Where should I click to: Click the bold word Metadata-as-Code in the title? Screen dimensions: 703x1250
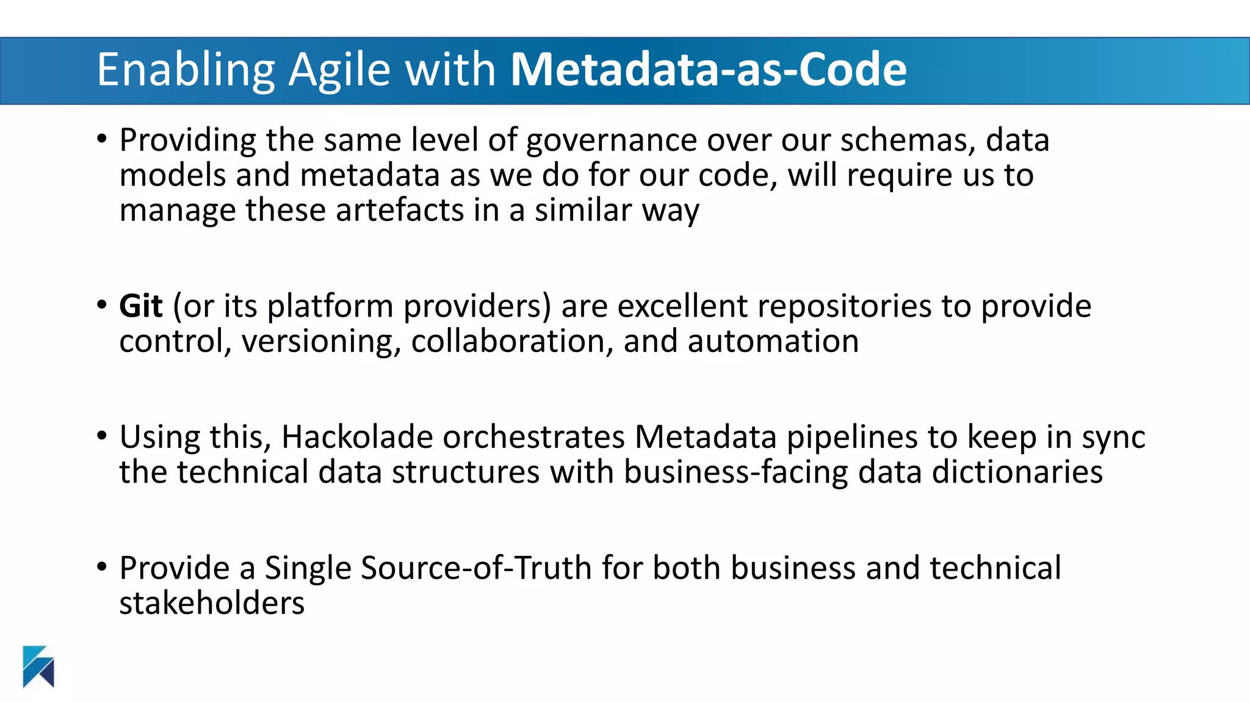pos(708,70)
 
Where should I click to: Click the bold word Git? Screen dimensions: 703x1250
pos(140,306)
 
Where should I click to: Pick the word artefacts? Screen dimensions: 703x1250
pos(399,211)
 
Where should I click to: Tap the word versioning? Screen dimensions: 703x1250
pos(321,342)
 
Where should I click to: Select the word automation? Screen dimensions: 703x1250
pos(773,341)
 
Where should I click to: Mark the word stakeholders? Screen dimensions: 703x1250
pos(212,603)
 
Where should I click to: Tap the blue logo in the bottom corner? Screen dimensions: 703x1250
pos(38,666)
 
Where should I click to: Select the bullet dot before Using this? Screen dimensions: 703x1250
pos(102,436)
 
